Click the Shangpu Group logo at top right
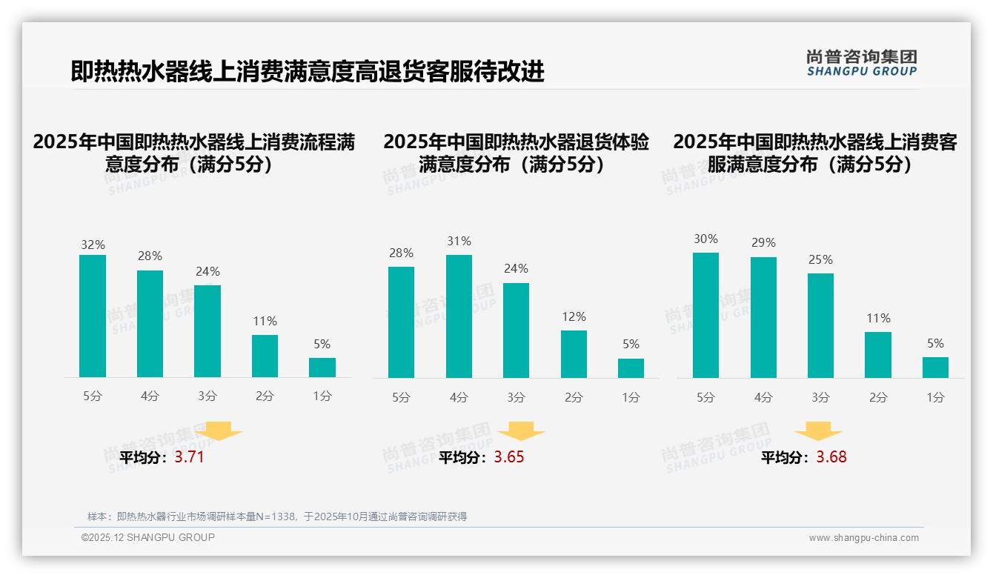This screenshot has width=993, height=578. click(862, 63)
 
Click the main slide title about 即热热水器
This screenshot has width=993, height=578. click(308, 71)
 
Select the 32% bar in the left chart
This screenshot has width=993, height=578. click(93, 316)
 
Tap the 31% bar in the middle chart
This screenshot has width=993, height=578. click(459, 316)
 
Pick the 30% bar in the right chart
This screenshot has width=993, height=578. click(705, 315)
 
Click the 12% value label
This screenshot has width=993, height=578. click(574, 316)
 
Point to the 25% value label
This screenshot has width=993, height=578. click(820, 259)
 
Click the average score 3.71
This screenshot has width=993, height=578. click(189, 457)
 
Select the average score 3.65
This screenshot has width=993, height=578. click(508, 457)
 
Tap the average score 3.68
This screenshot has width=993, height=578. click(831, 457)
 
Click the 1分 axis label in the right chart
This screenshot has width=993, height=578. click(935, 398)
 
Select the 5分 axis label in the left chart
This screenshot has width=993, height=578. click(93, 396)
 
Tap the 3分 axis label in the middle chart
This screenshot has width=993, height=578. click(517, 398)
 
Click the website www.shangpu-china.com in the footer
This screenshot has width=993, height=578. click(863, 538)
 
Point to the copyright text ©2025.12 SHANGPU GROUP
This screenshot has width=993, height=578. click(148, 537)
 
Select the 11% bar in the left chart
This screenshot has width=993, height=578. click(265, 356)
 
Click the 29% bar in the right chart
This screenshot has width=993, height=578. click(763, 317)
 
